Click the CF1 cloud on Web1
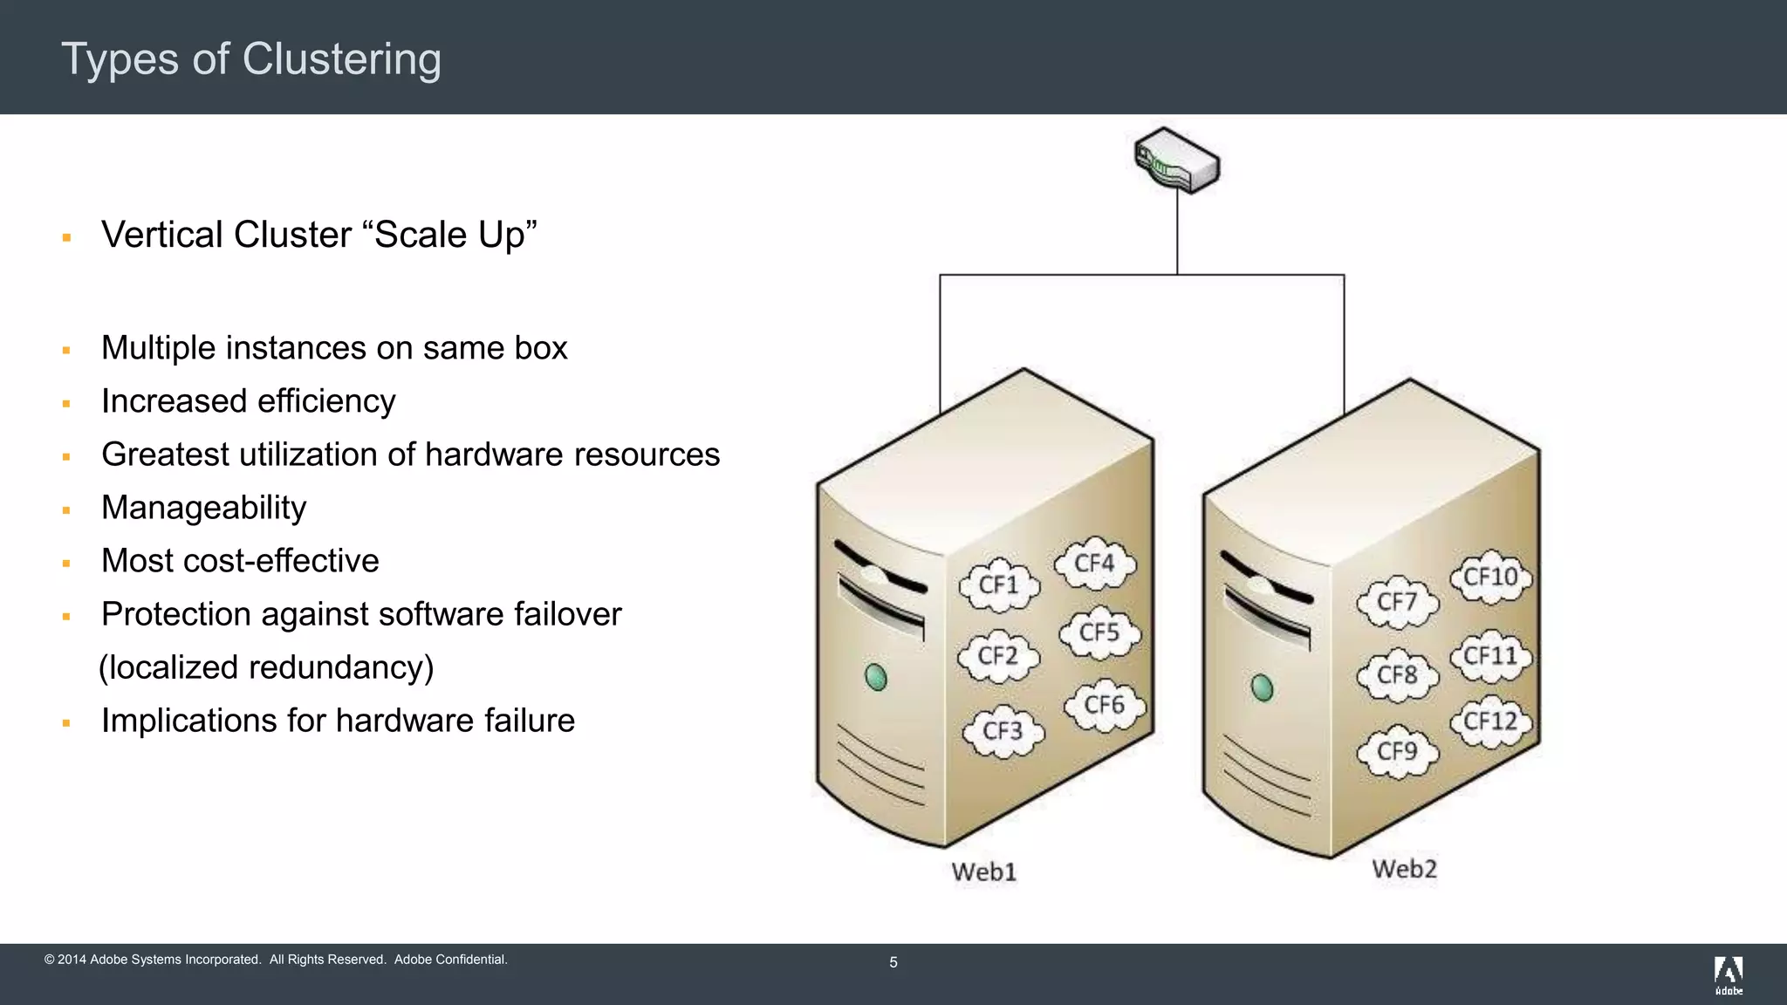999,585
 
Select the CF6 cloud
1104,705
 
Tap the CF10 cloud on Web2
1490,578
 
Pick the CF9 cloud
1397,752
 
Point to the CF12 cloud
1490,721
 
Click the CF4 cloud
1094,564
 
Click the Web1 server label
983,872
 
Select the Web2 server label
1404,869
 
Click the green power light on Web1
875,677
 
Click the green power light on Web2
1262,687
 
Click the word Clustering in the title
341,59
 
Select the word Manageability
203,508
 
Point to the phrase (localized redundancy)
266,667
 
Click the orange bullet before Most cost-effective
66,564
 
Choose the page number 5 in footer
893,962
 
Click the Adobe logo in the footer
1728,974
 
